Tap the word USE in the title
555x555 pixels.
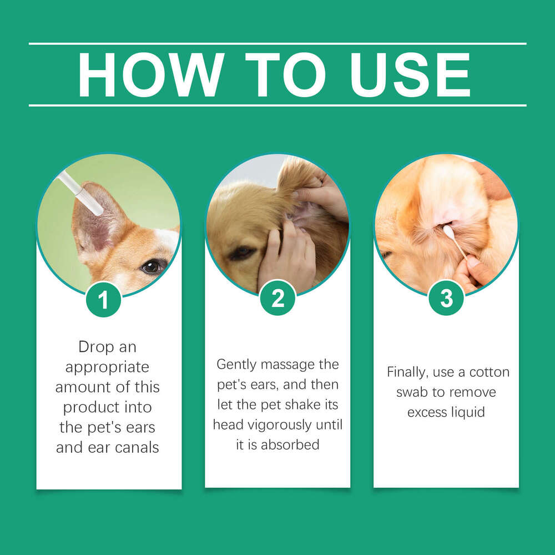pyautogui.click(x=411, y=75)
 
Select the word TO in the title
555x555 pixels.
pyautogui.click(x=286, y=75)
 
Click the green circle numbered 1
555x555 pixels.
pyautogui.click(x=103, y=299)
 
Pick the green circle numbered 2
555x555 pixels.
pyautogui.click(x=277, y=298)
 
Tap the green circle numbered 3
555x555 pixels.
pyautogui.click(x=446, y=298)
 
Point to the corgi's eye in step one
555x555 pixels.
pyautogui.click(x=152, y=266)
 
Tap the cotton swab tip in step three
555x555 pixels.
pyautogui.click(x=447, y=230)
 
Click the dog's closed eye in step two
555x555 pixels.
pyautogui.click(x=242, y=253)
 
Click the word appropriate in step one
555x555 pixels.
pyautogui.click(x=108, y=367)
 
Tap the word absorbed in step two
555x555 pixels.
pyautogui.click(x=291, y=445)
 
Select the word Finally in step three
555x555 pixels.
pyautogui.click(x=408, y=372)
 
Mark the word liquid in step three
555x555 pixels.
pyautogui.click(x=468, y=412)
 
